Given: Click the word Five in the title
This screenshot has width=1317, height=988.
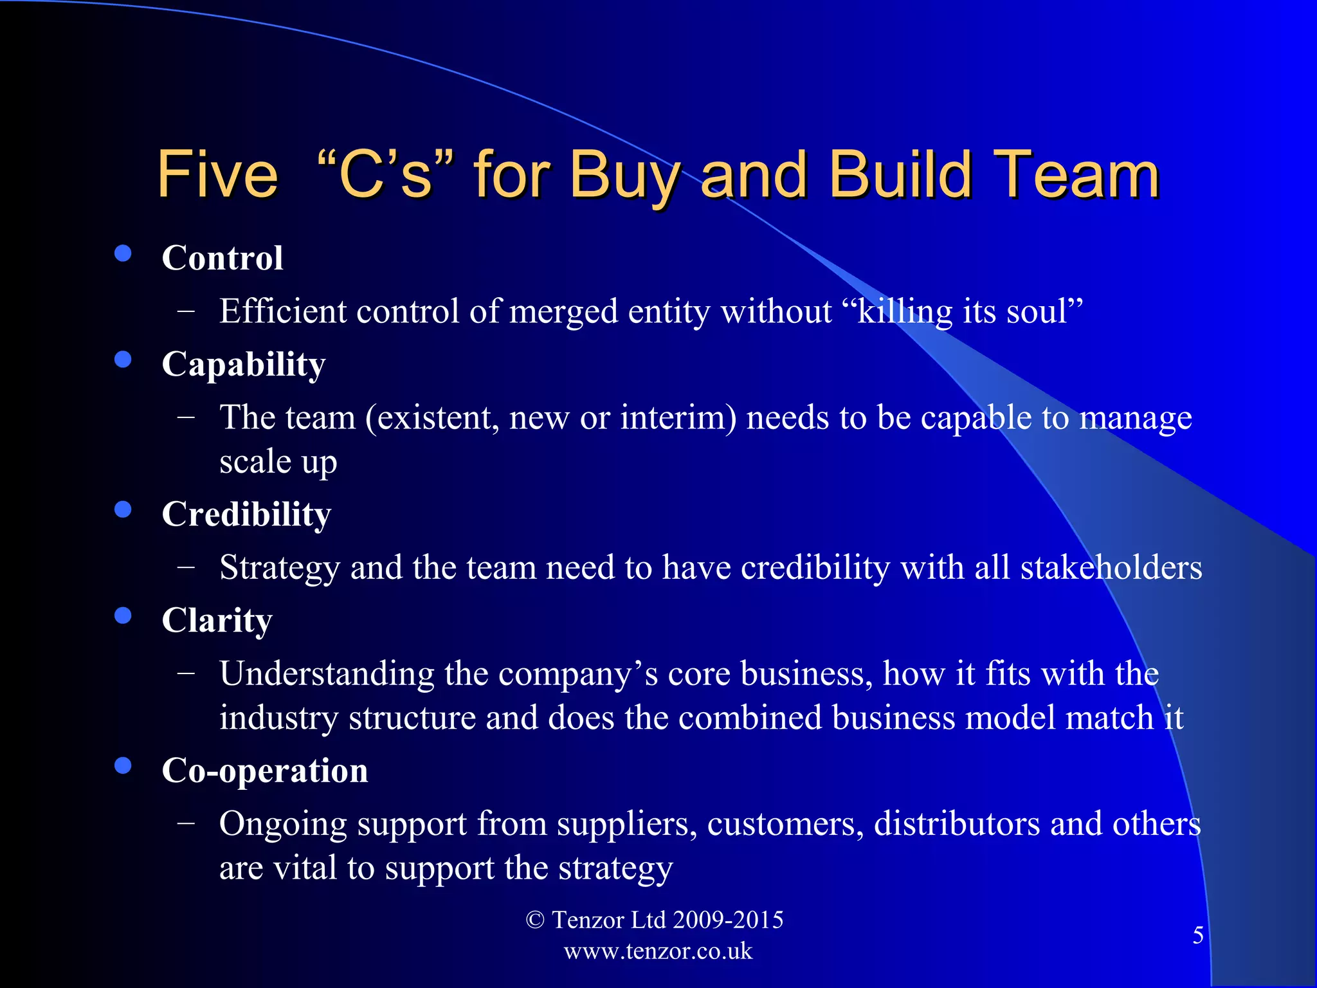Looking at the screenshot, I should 217,175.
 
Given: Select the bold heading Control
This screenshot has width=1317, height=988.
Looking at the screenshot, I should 223,258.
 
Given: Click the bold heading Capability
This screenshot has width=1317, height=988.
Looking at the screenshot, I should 244,365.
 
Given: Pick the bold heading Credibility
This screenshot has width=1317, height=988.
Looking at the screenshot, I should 246,515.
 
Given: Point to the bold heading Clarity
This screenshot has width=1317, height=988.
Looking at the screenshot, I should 217,621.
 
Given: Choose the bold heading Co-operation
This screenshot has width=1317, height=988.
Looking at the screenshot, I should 265,771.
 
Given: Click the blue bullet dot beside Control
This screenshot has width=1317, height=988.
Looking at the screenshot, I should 123,253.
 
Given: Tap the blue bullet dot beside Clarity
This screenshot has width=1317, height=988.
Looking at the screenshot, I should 123,616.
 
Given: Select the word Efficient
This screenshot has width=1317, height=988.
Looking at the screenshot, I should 283,312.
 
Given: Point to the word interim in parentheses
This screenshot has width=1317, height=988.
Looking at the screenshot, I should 673,418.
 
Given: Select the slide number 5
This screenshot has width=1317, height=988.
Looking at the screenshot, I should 1198,935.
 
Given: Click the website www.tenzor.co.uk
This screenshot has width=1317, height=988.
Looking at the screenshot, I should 658,951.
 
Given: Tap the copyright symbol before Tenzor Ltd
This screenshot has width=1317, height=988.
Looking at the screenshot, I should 534,920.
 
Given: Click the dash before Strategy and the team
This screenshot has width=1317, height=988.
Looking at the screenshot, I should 186,568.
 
